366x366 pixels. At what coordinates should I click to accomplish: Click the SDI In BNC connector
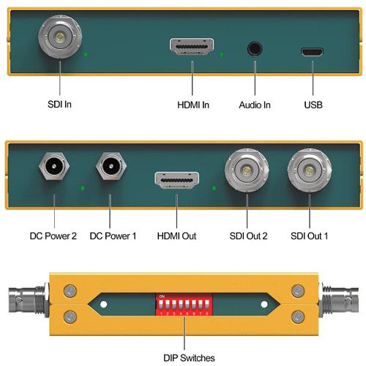[x=60, y=37]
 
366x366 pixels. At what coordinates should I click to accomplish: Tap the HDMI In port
[x=192, y=47]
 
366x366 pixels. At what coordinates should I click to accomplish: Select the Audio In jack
[x=255, y=48]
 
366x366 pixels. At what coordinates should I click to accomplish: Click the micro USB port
[x=312, y=52]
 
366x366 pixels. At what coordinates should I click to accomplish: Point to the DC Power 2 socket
[x=54, y=166]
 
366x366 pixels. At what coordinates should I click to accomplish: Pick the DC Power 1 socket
[x=111, y=166]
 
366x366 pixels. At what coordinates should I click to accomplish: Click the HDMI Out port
[x=176, y=180]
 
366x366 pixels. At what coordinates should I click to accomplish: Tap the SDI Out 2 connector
[x=247, y=170]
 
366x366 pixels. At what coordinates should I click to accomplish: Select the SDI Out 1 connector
[x=310, y=170]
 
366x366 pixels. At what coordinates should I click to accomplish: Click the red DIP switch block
[x=184, y=305]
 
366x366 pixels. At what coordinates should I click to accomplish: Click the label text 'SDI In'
[x=59, y=105]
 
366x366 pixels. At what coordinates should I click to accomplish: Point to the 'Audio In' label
[x=255, y=105]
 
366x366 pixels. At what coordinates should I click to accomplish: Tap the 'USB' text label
[x=313, y=105]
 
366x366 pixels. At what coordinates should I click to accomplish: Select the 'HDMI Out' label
[x=176, y=236]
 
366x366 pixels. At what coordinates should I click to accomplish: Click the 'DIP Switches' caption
[x=189, y=358]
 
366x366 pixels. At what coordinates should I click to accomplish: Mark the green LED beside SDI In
[x=86, y=54]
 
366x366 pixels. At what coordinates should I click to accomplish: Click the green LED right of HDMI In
[x=221, y=54]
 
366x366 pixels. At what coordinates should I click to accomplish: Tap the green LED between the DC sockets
[x=83, y=188]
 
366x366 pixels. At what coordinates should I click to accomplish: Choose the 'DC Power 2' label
[x=53, y=236]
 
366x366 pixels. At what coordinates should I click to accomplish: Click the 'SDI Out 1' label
[x=309, y=236]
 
